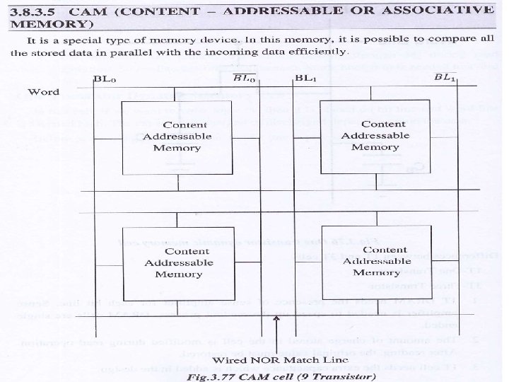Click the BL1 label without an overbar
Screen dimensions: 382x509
tap(306, 77)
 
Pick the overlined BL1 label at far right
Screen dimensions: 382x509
tap(447, 77)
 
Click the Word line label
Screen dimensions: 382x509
tap(43, 93)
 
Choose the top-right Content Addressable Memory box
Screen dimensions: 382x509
tap(375, 136)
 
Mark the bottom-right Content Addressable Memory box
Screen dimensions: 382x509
tap(377, 261)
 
